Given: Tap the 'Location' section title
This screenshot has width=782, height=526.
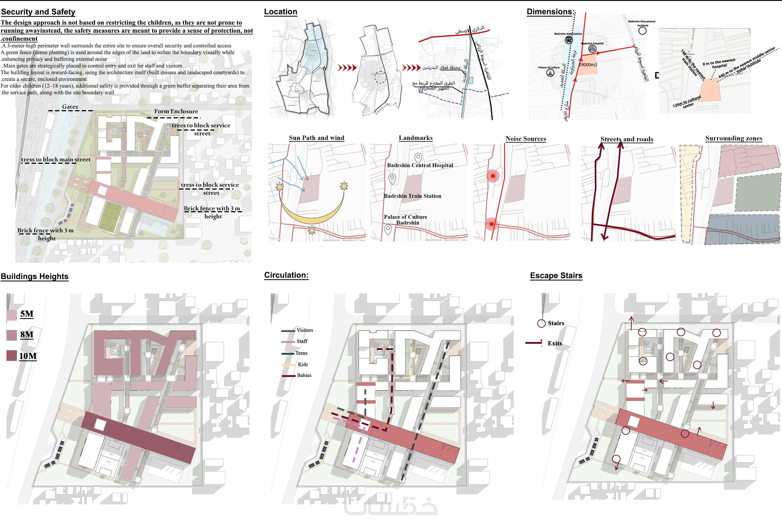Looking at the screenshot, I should pos(280,12).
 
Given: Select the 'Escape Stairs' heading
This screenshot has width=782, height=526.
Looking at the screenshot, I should pos(556,276).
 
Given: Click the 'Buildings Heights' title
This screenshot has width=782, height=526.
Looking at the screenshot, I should pos(34,276).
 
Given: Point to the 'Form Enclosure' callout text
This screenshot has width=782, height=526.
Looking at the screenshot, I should pos(176,111).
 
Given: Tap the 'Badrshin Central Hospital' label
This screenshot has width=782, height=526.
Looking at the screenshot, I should pos(420,165).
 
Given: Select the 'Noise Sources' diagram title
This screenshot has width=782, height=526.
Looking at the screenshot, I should pos(525,139).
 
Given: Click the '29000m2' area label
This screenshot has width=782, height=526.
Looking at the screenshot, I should pos(588,65).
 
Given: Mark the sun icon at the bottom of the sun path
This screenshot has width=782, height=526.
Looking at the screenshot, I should pos(312,231).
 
